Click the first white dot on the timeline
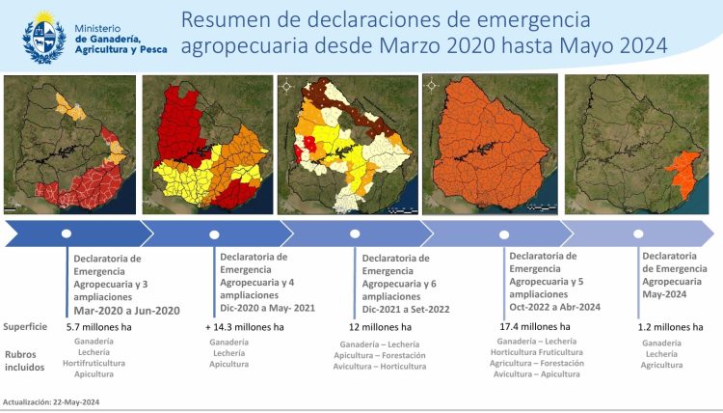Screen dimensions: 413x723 coord(67,234)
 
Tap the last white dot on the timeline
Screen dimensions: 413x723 coord(638,234)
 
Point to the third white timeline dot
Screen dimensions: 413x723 coord(355,234)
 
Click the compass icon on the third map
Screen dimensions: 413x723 coord(285,85)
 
